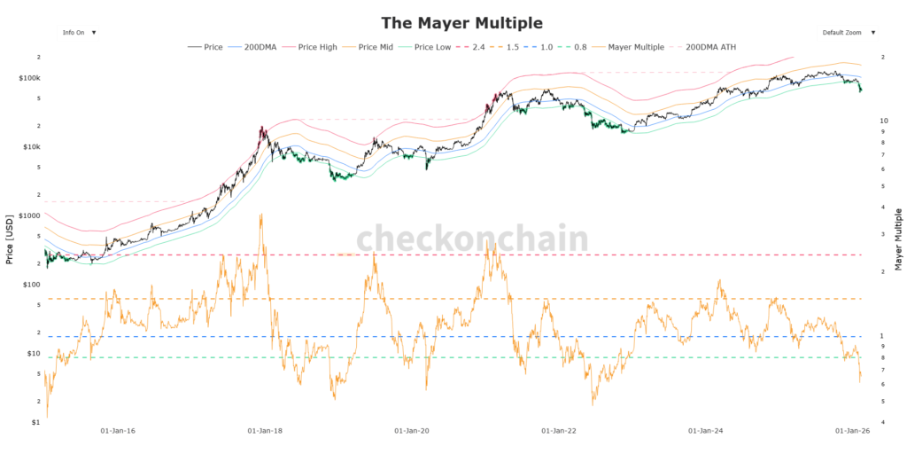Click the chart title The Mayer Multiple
[461, 22]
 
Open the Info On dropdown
[79, 32]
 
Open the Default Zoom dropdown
[848, 32]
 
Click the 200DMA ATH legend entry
[710, 46]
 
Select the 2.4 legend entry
[498, 46]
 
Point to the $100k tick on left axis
[28, 78]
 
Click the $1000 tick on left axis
[28, 215]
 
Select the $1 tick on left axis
[35, 422]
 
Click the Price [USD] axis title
[9, 239]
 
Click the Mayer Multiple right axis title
[898, 239]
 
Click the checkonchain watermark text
[472, 239]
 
